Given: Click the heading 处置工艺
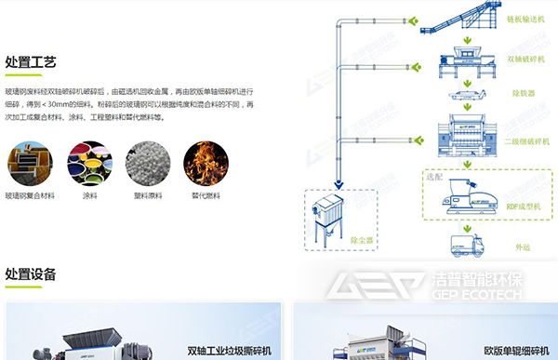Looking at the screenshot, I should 31,62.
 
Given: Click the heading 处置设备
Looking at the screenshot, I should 31,274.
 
